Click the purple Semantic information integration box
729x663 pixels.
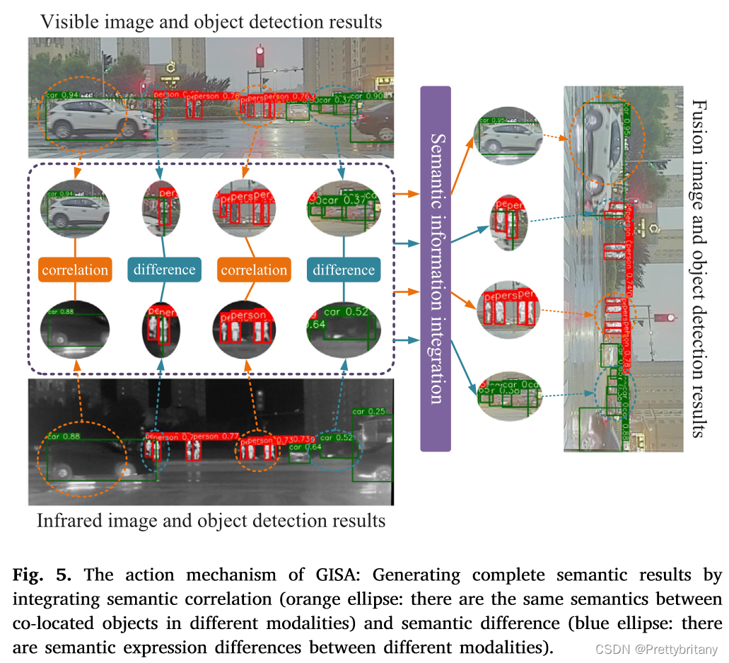click(x=436, y=269)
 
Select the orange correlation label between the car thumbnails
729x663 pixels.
click(x=75, y=270)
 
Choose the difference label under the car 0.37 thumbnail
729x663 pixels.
click(x=344, y=270)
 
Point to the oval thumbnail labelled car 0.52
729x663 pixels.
click(x=340, y=329)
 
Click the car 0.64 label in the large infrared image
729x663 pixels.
click(x=305, y=447)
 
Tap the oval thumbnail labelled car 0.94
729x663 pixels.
click(x=75, y=208)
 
